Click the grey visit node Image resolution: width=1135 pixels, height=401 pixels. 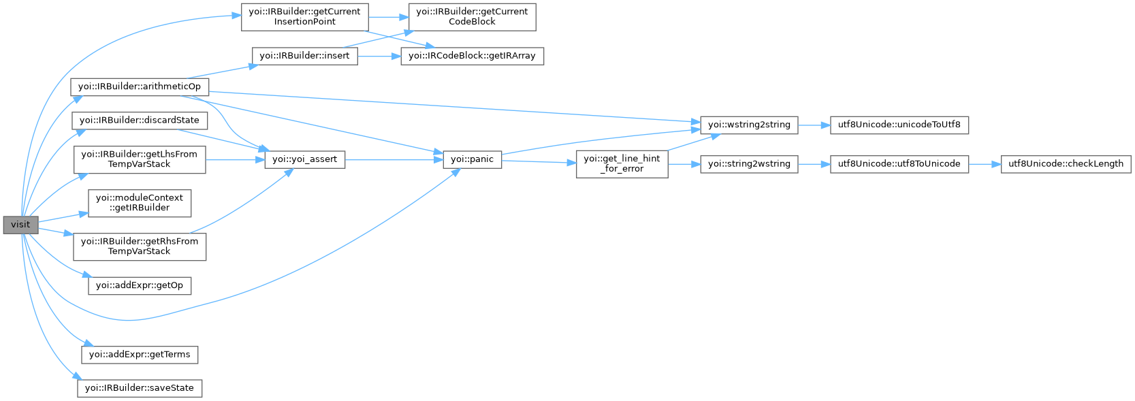[x=20, y=225]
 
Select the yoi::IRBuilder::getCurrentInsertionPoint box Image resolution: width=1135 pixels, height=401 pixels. [x=304, y=16]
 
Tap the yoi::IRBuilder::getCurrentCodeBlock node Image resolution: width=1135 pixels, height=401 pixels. [x=472, y=16]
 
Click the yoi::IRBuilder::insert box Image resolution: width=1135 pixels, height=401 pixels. [x=304, y=56]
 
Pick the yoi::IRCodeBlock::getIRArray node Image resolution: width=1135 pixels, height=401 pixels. [x=472, y=56]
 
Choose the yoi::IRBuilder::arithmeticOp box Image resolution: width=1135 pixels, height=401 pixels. [x=140, y=86]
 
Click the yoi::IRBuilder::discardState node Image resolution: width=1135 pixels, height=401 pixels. [x=140, y=121]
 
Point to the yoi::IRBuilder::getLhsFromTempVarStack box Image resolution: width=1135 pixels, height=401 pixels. [x=140, y=159]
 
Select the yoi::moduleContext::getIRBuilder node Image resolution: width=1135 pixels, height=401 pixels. [x=140, y=203]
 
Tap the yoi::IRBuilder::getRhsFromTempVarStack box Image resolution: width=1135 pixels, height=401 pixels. [x=140, y=246]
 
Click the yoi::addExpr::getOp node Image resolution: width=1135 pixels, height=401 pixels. [x=140, y=285]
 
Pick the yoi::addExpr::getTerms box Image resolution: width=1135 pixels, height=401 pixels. [x=140, y=355]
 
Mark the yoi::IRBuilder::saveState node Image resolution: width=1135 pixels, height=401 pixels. [x=140, y=388]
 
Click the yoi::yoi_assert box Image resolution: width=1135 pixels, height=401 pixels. [x=304, y=159]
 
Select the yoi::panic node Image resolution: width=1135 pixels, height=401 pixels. [x=472, y=159]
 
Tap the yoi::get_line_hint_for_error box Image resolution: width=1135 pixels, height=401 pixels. [x=622, y=164]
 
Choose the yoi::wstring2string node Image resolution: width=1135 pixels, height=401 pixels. [x=749, y=125]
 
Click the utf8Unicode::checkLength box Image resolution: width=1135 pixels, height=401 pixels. [x=1066, y=164]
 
